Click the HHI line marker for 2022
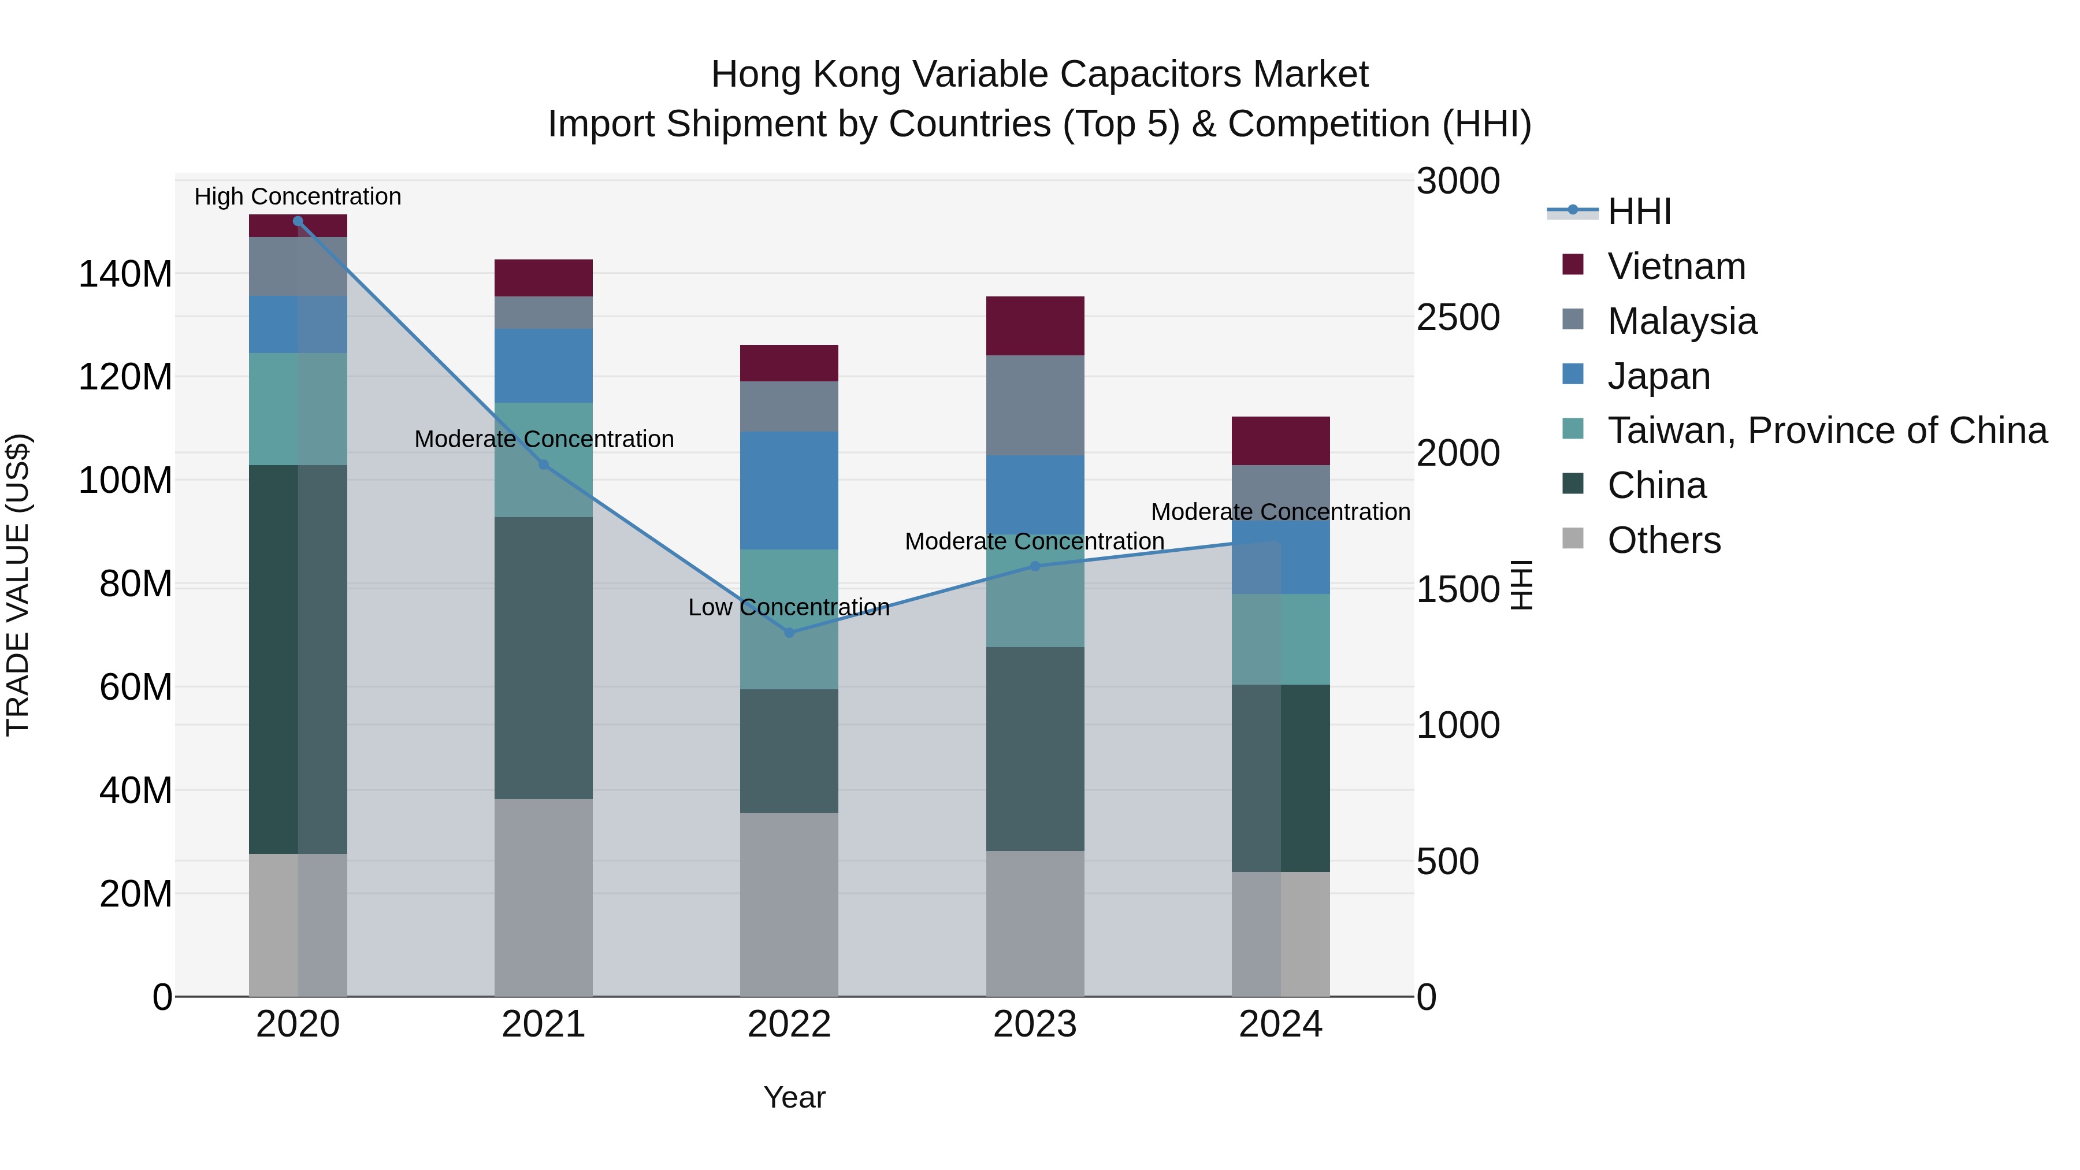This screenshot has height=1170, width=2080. tap(789, 632)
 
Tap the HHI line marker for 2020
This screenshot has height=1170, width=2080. tap(298, 221)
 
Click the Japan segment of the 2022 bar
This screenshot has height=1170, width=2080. tap(789, 490)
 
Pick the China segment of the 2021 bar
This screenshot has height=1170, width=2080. tap(544, 658)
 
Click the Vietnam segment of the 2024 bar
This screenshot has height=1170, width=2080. tap(1280, 441)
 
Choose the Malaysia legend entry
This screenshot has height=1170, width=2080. tap(1681, 321)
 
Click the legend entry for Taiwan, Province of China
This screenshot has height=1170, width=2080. tap(1826, 430)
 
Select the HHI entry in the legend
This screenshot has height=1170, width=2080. tap(1639, 211)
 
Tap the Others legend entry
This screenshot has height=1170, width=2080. tap(1663, 540)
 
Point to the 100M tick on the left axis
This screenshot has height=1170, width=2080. tap(125, 481)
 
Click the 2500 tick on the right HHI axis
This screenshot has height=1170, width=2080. tap(1458, 317)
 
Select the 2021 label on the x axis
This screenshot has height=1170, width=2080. tap(544, 1024)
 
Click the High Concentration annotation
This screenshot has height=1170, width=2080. tap(298, 196)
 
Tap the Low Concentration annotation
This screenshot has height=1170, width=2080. tap(789, 607)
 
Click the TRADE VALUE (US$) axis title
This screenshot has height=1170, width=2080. tap(18, 585)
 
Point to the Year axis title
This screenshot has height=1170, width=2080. tap(794, 1097)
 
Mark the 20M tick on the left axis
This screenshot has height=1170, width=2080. tap(136, 894)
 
